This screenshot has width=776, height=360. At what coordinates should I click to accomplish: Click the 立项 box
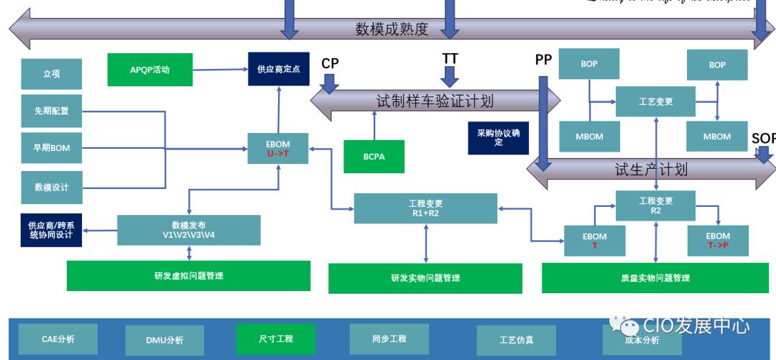coord(51,73)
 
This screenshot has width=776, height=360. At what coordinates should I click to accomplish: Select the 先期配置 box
coord(51,111)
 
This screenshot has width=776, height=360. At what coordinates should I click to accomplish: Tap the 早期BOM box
coord(51,148)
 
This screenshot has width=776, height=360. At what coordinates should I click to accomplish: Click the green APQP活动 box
coord(150,70)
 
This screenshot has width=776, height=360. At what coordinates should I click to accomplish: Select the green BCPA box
coord(374,157)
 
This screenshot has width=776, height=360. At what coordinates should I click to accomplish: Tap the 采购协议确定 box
coord(498,138)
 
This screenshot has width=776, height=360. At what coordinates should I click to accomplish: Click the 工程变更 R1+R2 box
coord(426,208)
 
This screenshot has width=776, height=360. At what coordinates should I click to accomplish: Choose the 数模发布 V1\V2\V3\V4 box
coord(188,230)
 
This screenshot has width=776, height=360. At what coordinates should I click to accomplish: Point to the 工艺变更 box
coord(655,101)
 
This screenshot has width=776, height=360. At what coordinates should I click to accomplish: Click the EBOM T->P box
coord(717,241)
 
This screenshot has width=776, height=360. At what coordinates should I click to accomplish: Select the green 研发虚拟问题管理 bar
coord(188,275)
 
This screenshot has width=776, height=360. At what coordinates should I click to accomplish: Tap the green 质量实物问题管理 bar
coord(655,277)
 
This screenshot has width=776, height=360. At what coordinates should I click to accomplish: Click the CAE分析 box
coord(57,338)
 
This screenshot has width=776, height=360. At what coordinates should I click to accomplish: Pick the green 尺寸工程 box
coord(275,338)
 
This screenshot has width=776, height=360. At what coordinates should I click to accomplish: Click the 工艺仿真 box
coord(516,340)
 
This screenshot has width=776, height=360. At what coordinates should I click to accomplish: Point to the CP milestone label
coord(330,63)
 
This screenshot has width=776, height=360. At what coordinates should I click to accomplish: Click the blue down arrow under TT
coord(450,75)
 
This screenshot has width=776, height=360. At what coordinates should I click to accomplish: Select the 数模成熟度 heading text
coord(392,29)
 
